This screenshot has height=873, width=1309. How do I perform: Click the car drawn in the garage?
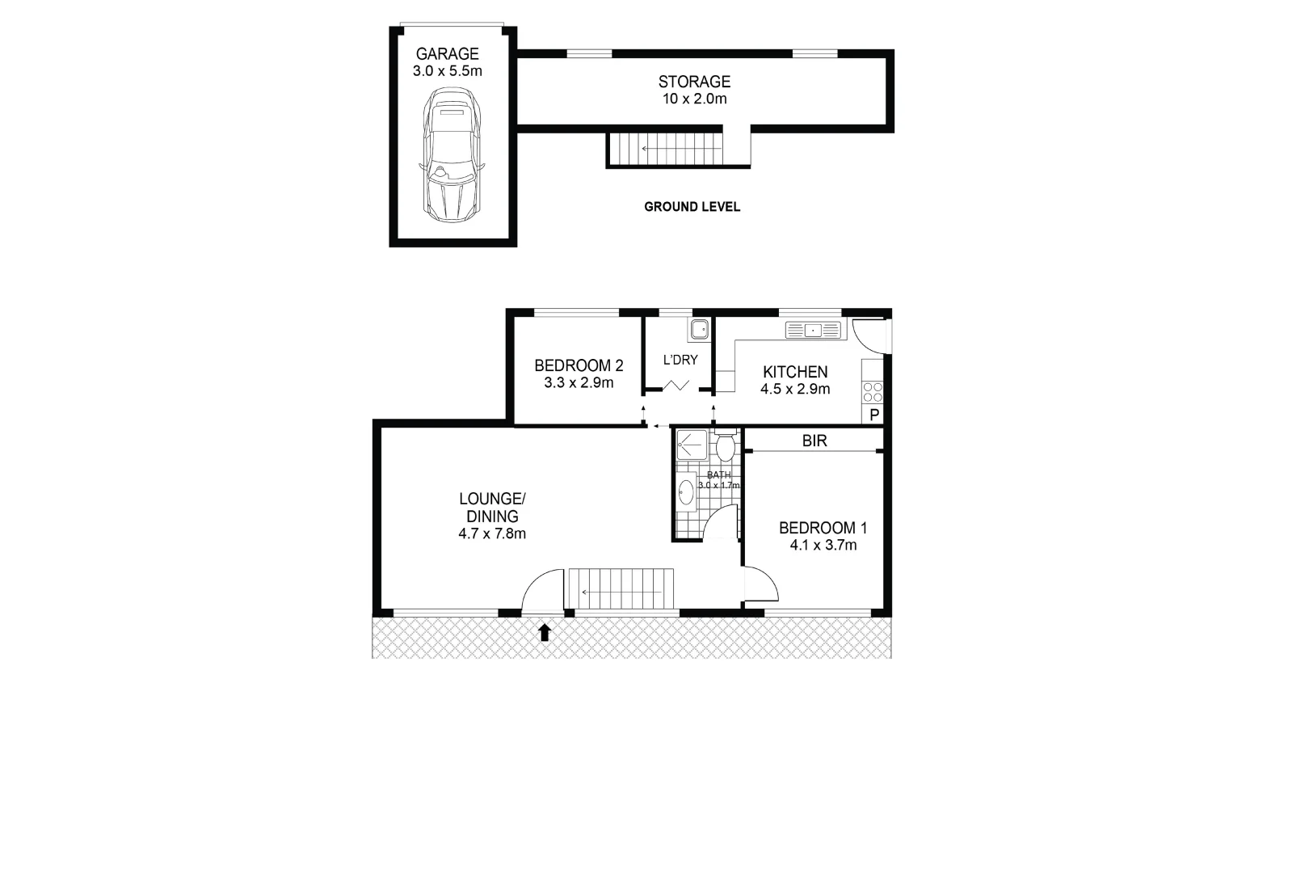pos(452,155)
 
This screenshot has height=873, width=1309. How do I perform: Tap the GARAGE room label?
pos(447,54)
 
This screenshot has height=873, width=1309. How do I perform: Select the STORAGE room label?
pos(694,82)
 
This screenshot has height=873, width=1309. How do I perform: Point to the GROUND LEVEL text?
pos(692,207)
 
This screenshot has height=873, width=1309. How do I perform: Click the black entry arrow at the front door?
pos(545,632)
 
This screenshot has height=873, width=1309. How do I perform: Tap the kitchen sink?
pos(813,330)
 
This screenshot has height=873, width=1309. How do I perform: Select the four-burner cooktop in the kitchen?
pos(873,393)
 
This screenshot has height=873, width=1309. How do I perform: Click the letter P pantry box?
pos(874,415)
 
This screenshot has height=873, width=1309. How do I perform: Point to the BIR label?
pos(814,441)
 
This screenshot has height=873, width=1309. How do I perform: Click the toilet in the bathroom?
pos(725,445)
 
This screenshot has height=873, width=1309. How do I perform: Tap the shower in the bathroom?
pos(692,445)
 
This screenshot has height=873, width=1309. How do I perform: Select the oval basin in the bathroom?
pos(686,491)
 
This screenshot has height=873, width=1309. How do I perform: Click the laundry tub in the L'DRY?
pos(699,329)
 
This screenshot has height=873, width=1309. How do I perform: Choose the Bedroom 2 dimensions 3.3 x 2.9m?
pos(579,383)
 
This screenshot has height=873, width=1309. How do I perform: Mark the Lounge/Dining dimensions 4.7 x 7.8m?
pos(492,533)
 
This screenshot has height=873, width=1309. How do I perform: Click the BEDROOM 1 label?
pos(823,528)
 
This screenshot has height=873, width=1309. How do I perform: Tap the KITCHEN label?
pos(795,372)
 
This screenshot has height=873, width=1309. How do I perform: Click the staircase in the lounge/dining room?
pos(621,588)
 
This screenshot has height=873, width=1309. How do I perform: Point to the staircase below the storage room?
pos(665,149)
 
